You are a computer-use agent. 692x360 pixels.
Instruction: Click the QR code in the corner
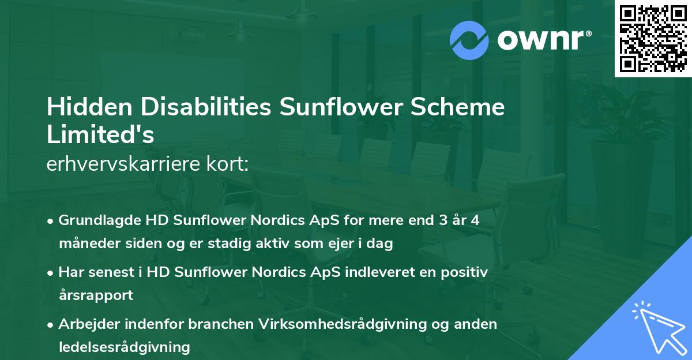[653, 39]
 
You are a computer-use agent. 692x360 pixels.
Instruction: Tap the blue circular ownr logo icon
[469, 40]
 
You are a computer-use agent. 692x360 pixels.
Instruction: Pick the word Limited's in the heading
[100, 134]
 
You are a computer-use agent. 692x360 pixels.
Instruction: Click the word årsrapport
[96, 295]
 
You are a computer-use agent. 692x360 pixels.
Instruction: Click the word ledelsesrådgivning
[124, 347]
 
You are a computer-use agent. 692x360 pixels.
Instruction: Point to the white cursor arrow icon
[659, 326]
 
